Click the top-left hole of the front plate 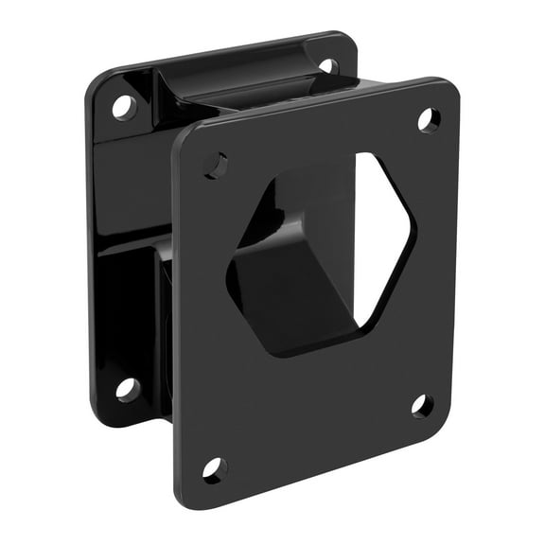point(216,165)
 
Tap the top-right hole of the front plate point(429,119)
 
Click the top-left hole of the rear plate point(124,107)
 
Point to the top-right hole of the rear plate point(327,66)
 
